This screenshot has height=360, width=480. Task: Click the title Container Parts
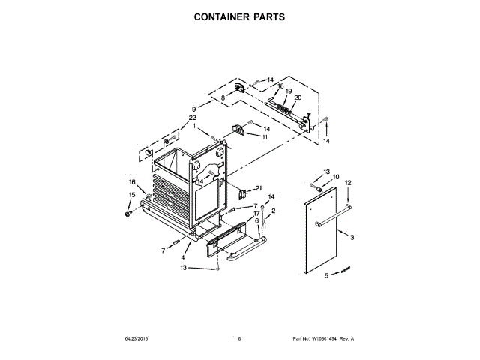pos(239,16)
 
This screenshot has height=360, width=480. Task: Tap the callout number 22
pos(192,118)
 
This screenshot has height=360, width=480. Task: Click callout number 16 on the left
pos(132,182)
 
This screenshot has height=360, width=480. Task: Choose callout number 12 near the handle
pos(348,182)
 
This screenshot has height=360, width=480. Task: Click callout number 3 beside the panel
pos(352,238)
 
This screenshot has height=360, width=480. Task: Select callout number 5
pos(325,276)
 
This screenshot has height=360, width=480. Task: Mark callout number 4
pos(182,258)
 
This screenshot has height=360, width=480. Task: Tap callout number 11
pos(265,137)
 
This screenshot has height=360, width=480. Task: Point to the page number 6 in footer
pos(239,339)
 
